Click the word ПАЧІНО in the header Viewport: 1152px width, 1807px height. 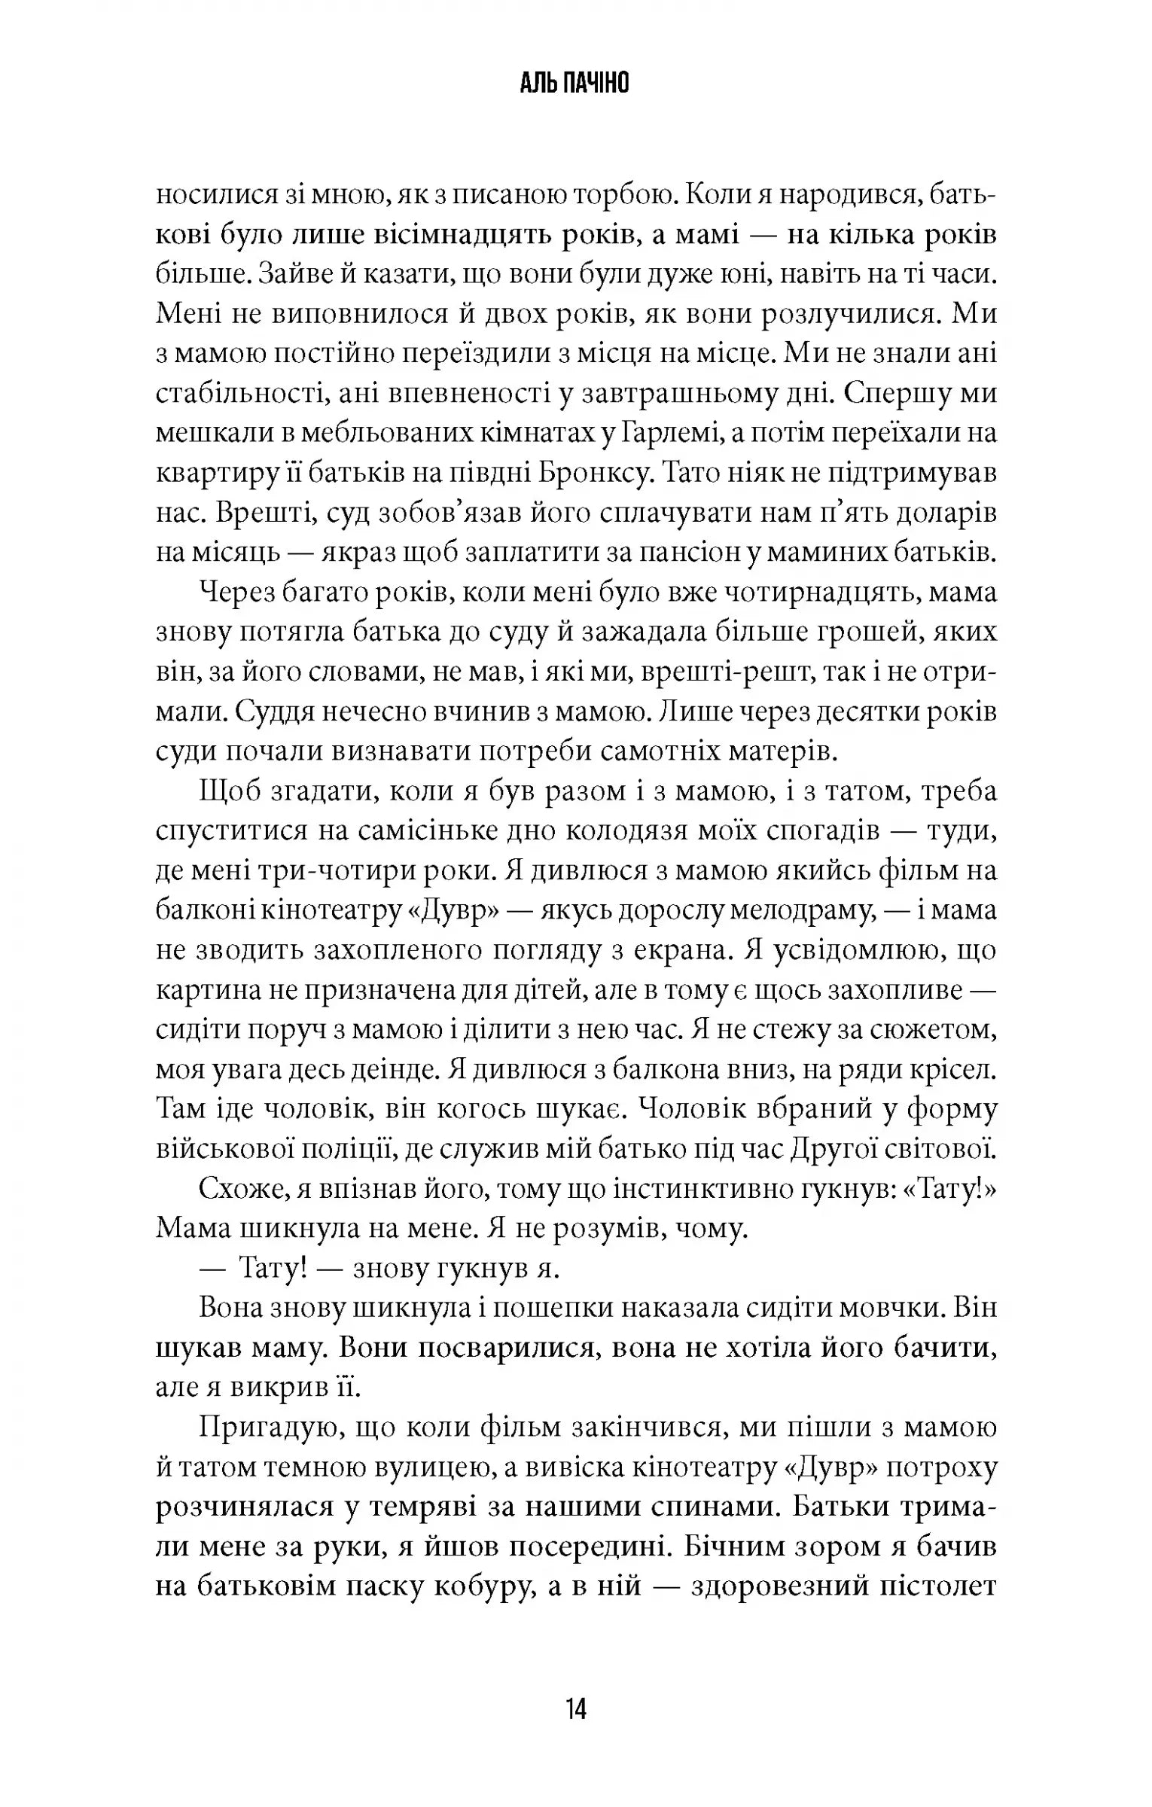596,84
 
